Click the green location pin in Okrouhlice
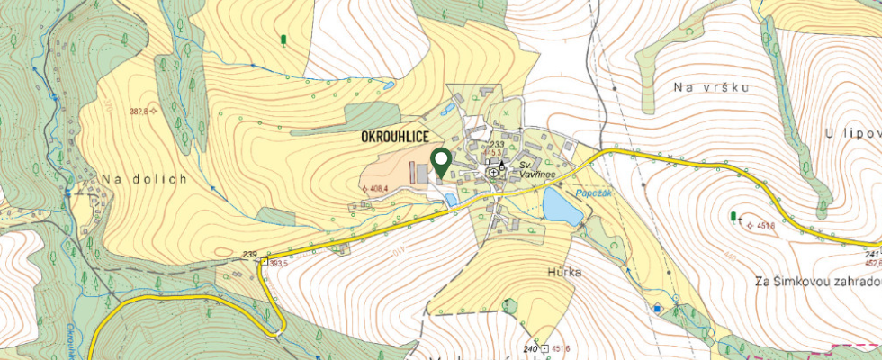pyautogui.click(x=441, y=162)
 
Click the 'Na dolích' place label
pyautogui.click(x=144, y=179)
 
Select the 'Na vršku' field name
pyautogui.click(x=711, y=87)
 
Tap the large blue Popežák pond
pyautogui.click(x=562, y=211)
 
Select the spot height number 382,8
pyautogui.click(x=138, y=112)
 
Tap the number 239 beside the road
pyautogui.click(x=250, y=255)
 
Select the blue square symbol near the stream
pyautogui.click(x=658, y=309)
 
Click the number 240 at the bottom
pyautogui.click(x=530, y=349)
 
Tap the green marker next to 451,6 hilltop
pyautogui.click(x=733, y=216)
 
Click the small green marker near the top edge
pyautogui.click(x=284, y=40)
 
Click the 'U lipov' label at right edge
pyautogui.click(x=851, y=133)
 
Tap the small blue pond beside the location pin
pyautogui.click(x=450, y=200)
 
